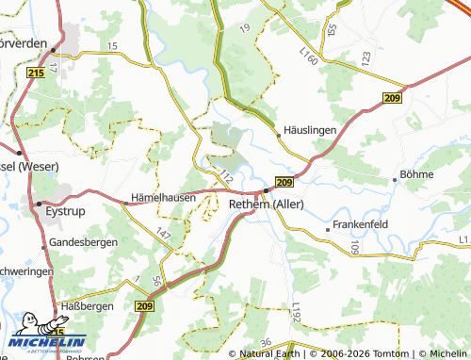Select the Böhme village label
click(417, 174)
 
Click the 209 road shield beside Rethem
click(285, 182)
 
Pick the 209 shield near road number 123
click(393, 98)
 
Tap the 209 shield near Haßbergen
click(144, 306)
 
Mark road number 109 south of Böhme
click(355, 248)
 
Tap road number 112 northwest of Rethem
click(226, 175)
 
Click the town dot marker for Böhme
click(395, 179)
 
